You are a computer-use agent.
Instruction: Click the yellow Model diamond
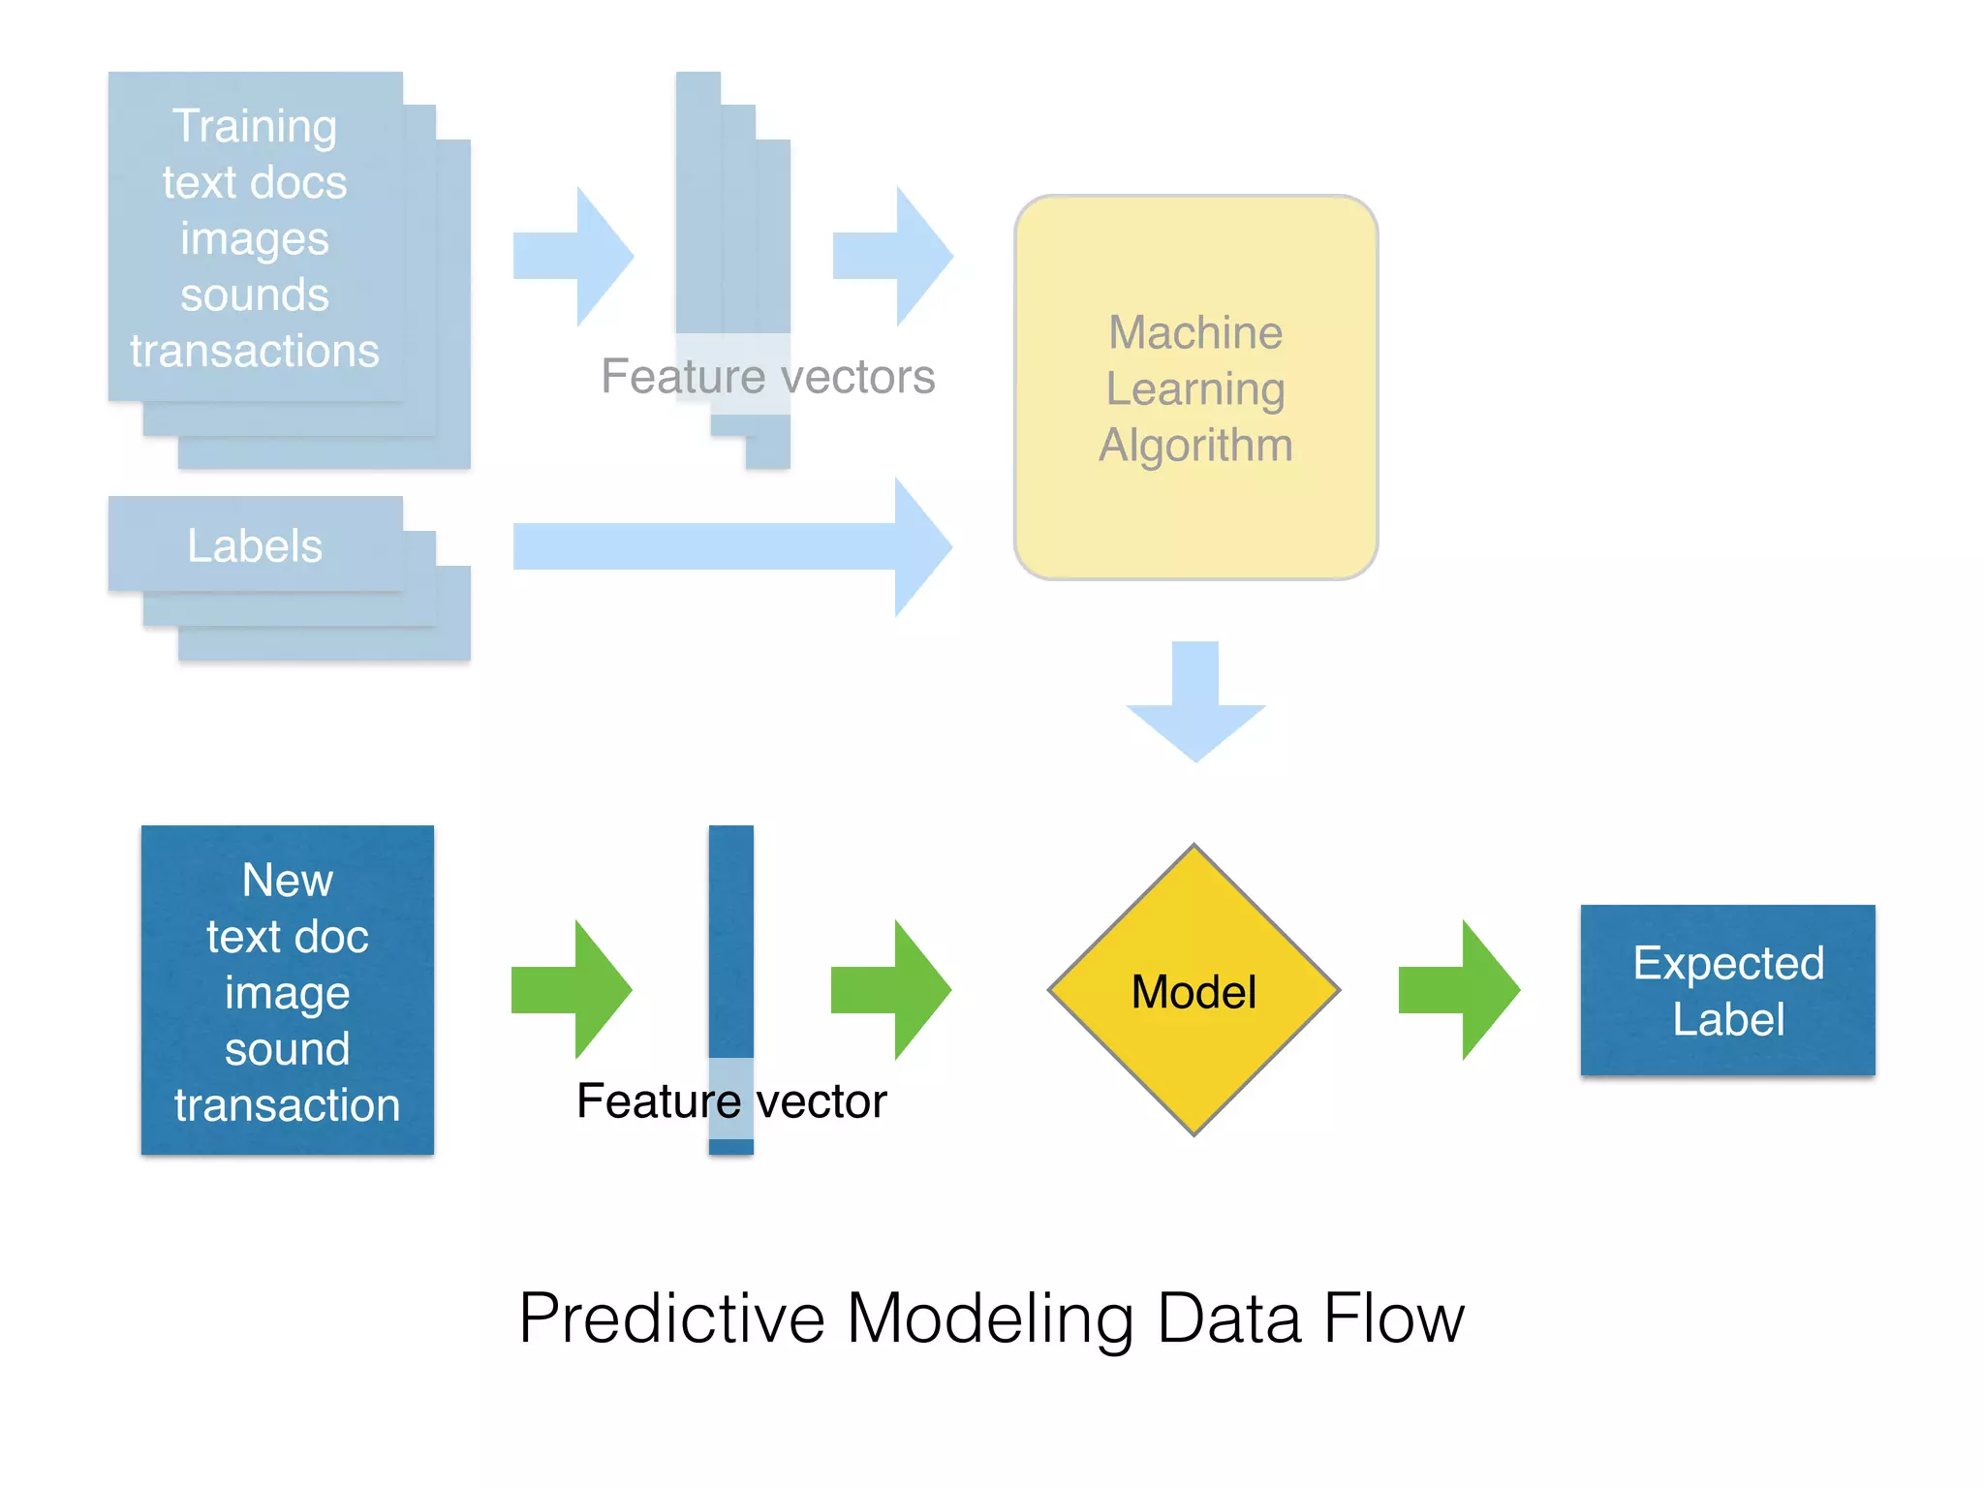(x=1193, y=990)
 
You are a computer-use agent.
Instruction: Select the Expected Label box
(x=1727, y=990)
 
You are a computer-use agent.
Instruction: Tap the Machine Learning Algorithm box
(x=1195, y=387)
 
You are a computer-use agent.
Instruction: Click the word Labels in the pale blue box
(x=255, y=546)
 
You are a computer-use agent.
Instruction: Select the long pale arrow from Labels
(x=727, y=546)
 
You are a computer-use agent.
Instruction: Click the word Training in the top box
(x=255, y=127)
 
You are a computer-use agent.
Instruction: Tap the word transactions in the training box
(x=255, y=351)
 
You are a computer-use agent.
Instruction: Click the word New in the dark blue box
(x=287, y=881)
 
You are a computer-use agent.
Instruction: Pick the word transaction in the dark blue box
(x=287, y=1105)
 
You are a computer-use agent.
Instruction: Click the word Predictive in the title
(x=671, y=1319)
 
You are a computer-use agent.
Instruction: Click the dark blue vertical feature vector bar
(x=730, y=940)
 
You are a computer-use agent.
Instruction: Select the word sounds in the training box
(x=255, y=294)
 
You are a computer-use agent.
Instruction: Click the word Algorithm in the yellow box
(x=1195, y=446)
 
